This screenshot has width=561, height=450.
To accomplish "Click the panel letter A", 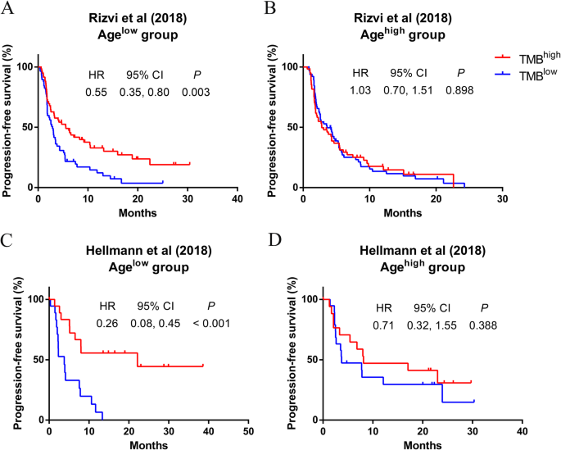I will (x=8, y=10).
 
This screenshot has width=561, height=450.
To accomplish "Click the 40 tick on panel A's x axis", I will (x=238, y=199).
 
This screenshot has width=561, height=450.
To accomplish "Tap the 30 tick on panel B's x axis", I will (x=504, y=199).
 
